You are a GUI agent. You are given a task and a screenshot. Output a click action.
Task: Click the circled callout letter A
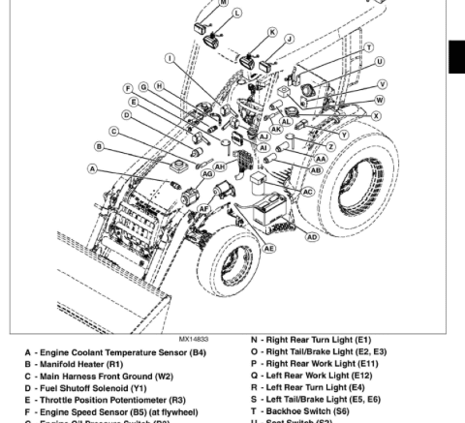click(x=93, y=168)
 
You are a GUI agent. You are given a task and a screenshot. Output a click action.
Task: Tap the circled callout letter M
click(x=225, y=4)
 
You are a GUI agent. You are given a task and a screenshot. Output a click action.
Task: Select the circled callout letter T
click(x=368, y=46)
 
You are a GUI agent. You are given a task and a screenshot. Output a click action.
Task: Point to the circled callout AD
click(x=312, y=236)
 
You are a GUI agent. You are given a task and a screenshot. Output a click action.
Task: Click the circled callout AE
click(x=269, y=248)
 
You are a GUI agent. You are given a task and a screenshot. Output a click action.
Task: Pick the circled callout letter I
click(x=170, y=58)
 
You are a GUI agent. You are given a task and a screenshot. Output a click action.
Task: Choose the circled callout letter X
click(x=376, y=114)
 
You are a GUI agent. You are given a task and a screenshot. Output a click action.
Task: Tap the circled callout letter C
click(x=113, y=131)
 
